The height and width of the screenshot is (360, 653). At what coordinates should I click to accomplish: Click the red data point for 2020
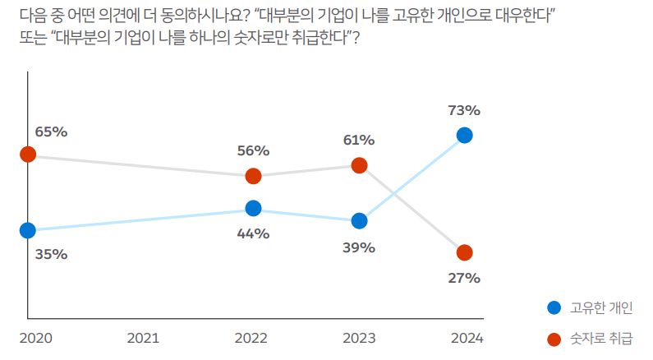tap(28, 155)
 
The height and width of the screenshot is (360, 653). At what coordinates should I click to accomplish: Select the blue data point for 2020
tap(28, 230)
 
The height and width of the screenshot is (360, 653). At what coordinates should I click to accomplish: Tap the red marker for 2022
tap(253, 176)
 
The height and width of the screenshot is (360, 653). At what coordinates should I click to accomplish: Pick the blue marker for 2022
tap(253, 209)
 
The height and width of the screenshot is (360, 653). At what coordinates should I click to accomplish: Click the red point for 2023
tap(359, 165)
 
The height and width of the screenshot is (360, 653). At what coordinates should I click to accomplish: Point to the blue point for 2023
tap(359, 220)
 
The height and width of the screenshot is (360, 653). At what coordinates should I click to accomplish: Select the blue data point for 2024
tap(464, 135)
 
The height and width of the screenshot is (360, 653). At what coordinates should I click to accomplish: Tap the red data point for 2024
tap(464, 252)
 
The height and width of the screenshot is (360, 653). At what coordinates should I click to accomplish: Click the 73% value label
tap(464, 109)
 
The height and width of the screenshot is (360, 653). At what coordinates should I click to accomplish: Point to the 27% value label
tap(464, 278)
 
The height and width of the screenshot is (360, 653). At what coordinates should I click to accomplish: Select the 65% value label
tap(51, 131)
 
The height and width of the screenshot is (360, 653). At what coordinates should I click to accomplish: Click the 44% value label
tap(253, 233)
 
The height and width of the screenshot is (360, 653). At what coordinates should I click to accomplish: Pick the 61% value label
tap(359, 140)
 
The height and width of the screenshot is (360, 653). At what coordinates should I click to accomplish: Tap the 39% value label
tap(359, 247)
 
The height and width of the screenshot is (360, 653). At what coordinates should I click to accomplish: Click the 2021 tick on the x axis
tap(143, 338)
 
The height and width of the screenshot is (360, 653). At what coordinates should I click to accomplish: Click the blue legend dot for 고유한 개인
tap(554, 308)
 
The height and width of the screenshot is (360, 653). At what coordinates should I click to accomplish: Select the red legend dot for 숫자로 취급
tap(554, 339)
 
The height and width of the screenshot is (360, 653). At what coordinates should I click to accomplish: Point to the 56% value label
tap(253, 150)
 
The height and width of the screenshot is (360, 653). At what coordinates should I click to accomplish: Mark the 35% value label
tap(51, 255)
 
